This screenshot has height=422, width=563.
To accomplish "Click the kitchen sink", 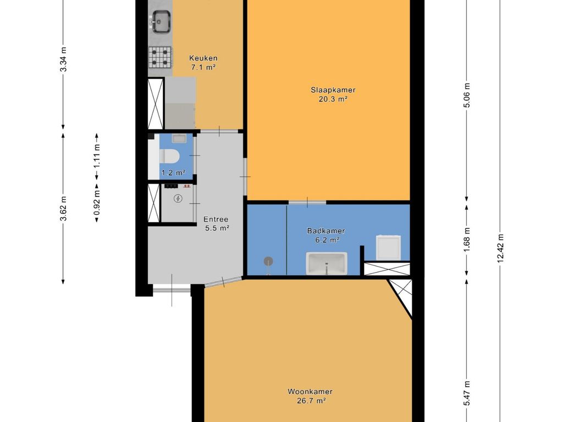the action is click(161, 21).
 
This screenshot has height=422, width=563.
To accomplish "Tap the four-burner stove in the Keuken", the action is click(161, 57).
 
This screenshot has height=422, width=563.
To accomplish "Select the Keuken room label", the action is click(203, 58).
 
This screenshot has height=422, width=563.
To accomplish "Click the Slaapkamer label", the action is click(333, 90).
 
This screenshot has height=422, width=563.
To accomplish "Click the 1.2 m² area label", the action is click(173, 173).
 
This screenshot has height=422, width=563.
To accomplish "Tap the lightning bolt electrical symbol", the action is click(178, 198).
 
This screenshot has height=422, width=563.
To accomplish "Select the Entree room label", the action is click(216, 219).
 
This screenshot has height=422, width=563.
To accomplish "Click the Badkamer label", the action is click(326, 231).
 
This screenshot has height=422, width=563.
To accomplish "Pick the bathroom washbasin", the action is click(327, 263).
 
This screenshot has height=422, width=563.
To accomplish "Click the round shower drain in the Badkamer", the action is click(268, 261).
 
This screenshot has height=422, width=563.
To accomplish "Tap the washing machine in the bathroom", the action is click(388, 247).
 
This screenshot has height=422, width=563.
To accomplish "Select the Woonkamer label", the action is click(310, 392).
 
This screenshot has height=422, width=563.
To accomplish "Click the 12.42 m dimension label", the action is click(500, 248).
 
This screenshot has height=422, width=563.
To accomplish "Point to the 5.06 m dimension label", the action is click(466, 95).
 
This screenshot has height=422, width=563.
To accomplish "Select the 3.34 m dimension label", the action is click(63, 59).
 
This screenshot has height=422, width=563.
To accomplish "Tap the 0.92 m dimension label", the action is click(97, 203).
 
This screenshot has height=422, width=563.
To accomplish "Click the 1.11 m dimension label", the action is click(97, 156).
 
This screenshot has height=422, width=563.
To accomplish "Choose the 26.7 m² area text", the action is click(311, 401).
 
